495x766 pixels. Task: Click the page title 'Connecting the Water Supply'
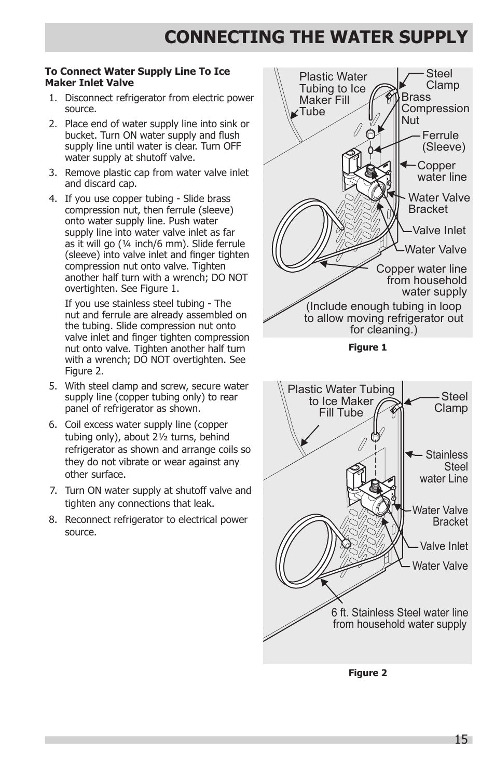(x=316, y=37)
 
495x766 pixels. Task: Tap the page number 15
(x=461, y=739)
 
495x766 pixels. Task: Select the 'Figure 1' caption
(x=367, y=347)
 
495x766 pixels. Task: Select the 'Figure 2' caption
(x=367, y=673)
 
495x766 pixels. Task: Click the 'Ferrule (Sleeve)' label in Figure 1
(x=443, y=141)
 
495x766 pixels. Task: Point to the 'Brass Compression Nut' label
(x=434, y=109)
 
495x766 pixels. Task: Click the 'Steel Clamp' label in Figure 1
(x=442, y=79)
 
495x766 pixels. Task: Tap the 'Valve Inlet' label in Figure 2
(x=444, y=546)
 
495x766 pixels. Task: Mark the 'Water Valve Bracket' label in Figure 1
(x=438, y=203)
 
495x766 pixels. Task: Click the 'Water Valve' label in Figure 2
(x=439, y=566)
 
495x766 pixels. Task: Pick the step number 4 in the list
(x=53, y=199)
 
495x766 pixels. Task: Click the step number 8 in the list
(x=53, y=520)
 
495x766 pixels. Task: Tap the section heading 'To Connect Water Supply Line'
(x=137, y=77)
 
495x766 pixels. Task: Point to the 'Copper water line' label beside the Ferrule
(x=442, y=171)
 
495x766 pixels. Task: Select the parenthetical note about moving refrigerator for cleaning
(x=383, y=318)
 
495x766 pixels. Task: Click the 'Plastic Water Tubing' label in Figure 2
(x=341, y=401)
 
